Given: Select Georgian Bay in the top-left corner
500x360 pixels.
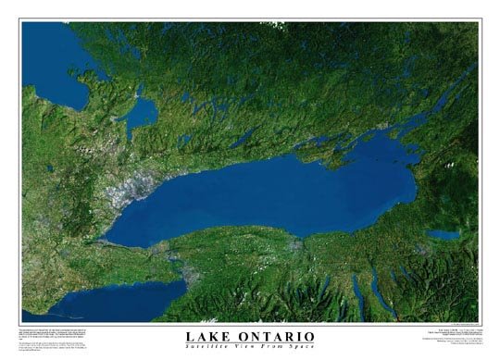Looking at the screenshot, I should (51, 56).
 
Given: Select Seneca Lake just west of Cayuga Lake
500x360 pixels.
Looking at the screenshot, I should (356, 292).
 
